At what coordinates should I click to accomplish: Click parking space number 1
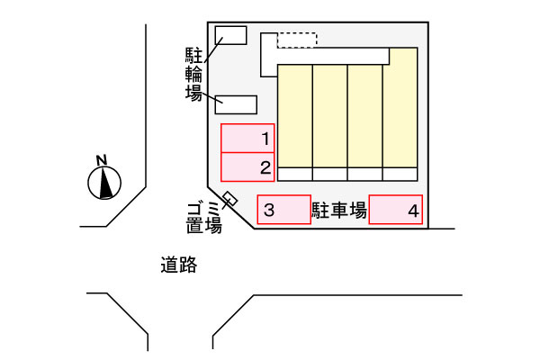tap(247, 138)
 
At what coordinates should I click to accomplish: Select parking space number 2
tap(247, 167)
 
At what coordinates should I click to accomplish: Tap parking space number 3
tap(284, 210)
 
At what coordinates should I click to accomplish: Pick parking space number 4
tap(396, 210)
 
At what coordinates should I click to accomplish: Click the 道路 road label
tap(179, 265)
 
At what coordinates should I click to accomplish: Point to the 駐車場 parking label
tap(339, 210)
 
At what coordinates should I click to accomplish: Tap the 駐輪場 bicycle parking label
tap(193, 74)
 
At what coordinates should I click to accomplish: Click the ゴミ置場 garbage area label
tap(204, 218)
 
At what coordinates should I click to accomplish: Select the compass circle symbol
tap(104, 183)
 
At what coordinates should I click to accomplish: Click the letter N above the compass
tap(102, 160)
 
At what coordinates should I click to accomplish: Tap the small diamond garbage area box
tap(230, 198)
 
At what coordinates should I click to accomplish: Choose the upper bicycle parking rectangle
tap(230, 35)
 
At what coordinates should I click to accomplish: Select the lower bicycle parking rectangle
tap(236, 104)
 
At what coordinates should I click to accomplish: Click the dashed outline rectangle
tap(297, 40)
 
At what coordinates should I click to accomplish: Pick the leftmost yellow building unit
tap(295, 116)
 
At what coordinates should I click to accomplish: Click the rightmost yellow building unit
tap(400, 107)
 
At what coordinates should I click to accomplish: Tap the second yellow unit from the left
tap(330, 116)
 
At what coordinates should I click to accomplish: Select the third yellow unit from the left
tap(365, 116)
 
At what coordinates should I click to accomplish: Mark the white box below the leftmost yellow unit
tap(295, 175)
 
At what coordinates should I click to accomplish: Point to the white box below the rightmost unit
tap(400, 175)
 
